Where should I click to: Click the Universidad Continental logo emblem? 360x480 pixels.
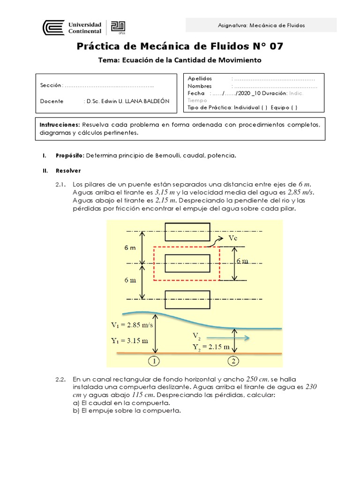53,28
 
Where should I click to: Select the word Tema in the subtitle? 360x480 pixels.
108,60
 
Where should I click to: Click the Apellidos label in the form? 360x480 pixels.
200,79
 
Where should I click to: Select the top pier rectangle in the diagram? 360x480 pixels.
187,231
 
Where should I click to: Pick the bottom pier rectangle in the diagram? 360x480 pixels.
187,299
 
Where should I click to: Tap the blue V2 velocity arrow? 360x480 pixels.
229,337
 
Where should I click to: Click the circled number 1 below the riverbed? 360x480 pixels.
155,361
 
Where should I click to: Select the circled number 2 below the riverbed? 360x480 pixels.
233,361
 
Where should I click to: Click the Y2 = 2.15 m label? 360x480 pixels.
211,347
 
